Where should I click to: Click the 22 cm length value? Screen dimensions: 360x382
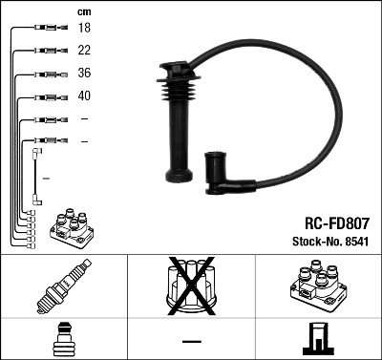[x=83, y=52]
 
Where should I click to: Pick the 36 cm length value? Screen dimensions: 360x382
[x=83, y=74]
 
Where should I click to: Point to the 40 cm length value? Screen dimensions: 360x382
[x=83, y=96]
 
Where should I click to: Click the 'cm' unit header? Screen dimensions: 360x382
[x=83, y=11]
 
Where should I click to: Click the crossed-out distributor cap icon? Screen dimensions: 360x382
[x=190, y=286]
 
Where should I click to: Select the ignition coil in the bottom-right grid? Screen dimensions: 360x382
[x=316, y=286]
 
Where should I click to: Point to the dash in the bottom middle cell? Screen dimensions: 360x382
[x=190, y=339]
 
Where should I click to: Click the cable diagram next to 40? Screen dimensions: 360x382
[x=46, y=96]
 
